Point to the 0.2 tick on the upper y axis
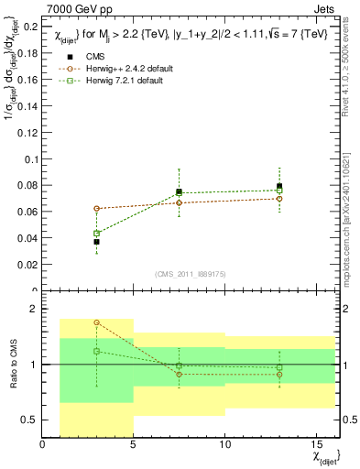click(31, 27)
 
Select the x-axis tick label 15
click(316, 446)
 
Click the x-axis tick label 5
click(134, 446)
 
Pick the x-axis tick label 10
click(224, 446)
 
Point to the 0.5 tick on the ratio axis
click(29, 420)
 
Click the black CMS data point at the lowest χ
click(96, 242)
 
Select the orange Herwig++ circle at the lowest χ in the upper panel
click(96, 208)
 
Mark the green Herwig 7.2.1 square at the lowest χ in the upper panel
click(96, 233)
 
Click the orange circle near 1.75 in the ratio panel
click(96, 322)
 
